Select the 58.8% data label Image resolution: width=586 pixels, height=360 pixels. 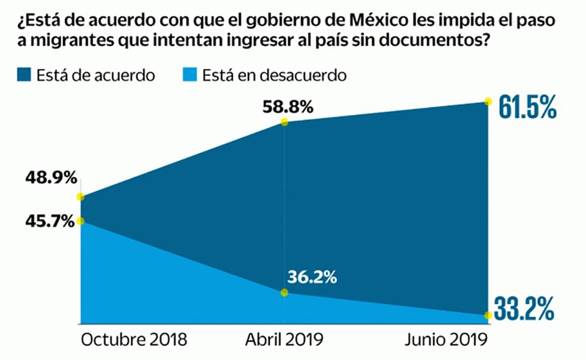coord(288,106)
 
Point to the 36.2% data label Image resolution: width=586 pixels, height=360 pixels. coord(312,278)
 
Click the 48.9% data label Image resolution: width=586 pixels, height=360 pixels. coord(50,178)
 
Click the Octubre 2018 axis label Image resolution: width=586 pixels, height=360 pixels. coord(134,339)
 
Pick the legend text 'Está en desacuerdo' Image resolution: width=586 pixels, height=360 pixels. coord(274,76)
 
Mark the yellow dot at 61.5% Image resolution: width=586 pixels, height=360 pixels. coord(487,102)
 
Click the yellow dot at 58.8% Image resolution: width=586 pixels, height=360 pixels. coord(284,122)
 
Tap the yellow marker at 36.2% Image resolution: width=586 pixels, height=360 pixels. coord(284,292)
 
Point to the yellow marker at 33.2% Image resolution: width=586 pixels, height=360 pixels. coord(487,315)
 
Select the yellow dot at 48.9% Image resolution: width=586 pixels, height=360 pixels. coord(81,197)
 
